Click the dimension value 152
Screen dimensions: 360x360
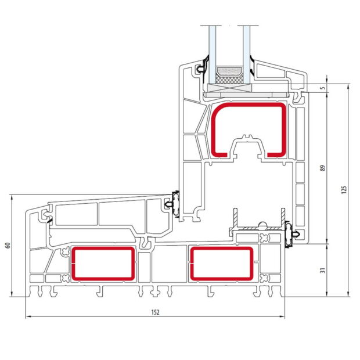tap(155, 312)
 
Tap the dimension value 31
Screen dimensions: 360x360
tap(323, 269)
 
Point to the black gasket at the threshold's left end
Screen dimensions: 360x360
tap(46, 217)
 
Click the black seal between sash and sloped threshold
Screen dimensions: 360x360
tap(172, 204)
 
